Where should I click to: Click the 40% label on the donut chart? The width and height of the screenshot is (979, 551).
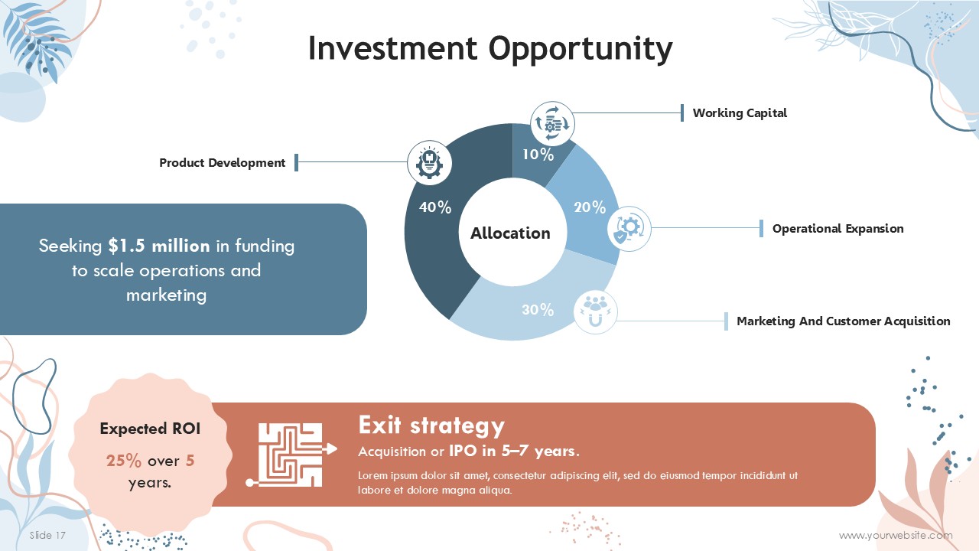point(435,207)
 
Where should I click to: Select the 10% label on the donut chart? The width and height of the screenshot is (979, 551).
point(538,155)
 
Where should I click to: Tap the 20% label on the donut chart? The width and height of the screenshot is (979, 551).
point(590,207)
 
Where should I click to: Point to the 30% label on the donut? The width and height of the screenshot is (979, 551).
point(538,310)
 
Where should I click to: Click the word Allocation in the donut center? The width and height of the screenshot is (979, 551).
point(510,233)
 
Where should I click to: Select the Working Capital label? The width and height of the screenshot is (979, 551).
point(740,113)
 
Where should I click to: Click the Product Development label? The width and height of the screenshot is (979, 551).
point(222,163)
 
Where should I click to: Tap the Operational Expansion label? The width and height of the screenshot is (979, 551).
point(838,228)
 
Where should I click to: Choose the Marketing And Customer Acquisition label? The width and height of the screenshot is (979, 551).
point(844,321)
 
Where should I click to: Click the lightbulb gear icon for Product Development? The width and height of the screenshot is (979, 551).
point(430,163)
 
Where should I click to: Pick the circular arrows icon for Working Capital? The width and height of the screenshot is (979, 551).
point(552,124)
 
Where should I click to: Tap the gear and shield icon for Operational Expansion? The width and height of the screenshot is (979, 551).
point(629,229)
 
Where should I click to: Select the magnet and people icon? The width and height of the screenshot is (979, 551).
point(595,311)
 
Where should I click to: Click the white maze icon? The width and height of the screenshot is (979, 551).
point(291,455)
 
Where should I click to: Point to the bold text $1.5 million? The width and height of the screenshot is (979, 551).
point(159,246)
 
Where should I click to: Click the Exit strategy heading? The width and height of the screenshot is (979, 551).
point(432,425)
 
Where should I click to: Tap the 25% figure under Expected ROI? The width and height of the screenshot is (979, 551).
point(124,461)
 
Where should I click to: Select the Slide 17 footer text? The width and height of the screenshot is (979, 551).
point(47,535)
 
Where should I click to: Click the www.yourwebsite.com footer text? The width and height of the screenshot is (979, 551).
point(896,535)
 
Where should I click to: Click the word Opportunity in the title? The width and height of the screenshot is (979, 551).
point(581,48)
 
